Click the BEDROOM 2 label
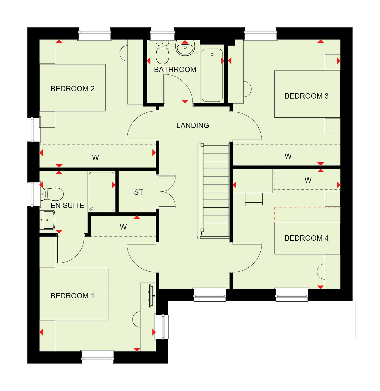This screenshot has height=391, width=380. pyautogui.click(x=73, y=89)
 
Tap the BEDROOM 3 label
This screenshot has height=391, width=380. pyautogui.click(x=306, y=96)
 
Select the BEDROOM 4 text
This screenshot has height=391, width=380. pyautogui.click(x=306, y=238)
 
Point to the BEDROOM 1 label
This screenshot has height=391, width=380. pyautogui.click(x=72, y=296)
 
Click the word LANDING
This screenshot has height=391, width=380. pyautogui.click(x=193, y=125)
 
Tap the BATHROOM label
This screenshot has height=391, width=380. pyautogui.click(x=175, y=69)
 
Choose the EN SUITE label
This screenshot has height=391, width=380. pyautogui.click(x=67, y=205)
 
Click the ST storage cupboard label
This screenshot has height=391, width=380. pyautogui.click(x=138, y=192)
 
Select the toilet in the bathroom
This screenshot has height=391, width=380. pyautogui.click(x=163, y=52)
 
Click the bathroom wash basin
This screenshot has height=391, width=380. pyautogui.click(x=185, y=48)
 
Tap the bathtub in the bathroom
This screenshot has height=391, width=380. pyautogui.click(x=212, y=75)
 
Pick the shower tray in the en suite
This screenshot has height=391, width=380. pyautogui.click(x=101, y=192)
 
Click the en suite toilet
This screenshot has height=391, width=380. pyautogui.click(x=52, y=194)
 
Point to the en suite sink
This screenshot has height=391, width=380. pyautogui.click(x=47, y=220)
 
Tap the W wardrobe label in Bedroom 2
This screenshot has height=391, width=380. pyautogui.click(x=95, y=157)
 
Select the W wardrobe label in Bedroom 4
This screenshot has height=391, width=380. pyautogui.click(x=308, y=180)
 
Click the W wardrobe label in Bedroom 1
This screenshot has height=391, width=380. pyautogui.click(x=123, y=227)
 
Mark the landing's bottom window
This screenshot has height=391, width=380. pyautogui.click(x=210, y=295)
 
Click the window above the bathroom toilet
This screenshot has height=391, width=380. pyautogui.click(x=163, y=34)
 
